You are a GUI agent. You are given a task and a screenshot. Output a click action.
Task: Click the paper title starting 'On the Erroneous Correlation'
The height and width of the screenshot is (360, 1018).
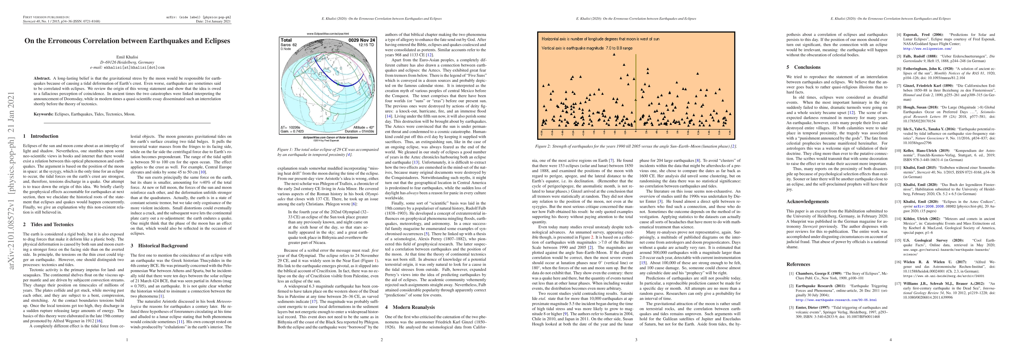pos(127,41)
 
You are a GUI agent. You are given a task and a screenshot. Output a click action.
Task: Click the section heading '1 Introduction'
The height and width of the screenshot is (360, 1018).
pos(41,136)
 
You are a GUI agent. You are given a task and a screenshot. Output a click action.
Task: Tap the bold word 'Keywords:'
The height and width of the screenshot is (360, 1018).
pos(44,114)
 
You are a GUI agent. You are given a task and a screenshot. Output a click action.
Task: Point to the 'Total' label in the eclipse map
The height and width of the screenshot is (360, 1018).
pos(286,40)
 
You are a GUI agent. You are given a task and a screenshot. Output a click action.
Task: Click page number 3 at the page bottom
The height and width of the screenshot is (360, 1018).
pos(636,340)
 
